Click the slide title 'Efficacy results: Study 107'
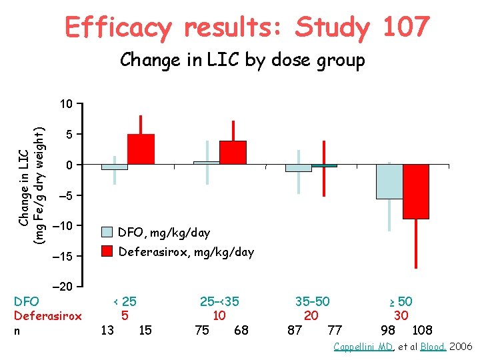[x=247, y=28]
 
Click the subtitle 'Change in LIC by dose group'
[x=243, y=61]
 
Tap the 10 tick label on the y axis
[x=65, y=104]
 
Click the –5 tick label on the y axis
[x=65, y=196]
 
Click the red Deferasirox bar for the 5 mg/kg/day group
[x=141, y=149]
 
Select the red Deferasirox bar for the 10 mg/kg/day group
[x=233, y=153]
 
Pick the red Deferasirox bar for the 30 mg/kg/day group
[x=416, y=191]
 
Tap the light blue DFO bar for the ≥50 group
[x=389, y=181]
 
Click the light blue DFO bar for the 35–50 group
[x=298, y=168]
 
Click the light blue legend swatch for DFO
[x=107, y=233]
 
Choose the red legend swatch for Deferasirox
[x=107, y=252]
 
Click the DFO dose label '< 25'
[x=125, y=301]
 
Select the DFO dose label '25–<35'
[x=219, y=301]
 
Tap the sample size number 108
[x=423, y=330]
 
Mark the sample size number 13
[x=107, y=330]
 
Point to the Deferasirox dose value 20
[x=311, y=316]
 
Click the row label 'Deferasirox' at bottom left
[x=47, y=316]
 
